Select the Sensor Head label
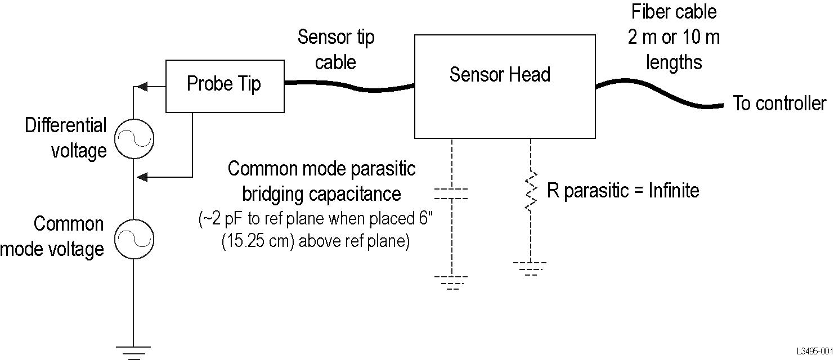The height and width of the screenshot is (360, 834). pos(500,75)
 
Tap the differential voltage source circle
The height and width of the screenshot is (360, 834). pos(134,139)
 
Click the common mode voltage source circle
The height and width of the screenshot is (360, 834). pos(134,240)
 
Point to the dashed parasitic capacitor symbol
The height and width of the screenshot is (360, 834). pos(451,194)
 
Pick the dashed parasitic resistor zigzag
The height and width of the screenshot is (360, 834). pos(530,191)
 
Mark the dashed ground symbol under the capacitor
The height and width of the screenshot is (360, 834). pos(451,282)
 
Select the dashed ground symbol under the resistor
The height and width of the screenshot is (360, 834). pos(530,268)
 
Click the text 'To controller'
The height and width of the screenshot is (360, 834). pos(780,104)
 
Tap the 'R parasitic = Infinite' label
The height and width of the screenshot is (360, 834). pos(623,191)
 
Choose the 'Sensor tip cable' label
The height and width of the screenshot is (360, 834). pos(335,49)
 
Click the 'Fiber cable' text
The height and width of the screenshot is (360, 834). pos(673,12)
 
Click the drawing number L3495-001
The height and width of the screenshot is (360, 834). pos(814,351)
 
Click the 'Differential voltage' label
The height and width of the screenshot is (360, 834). pos(66,138)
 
